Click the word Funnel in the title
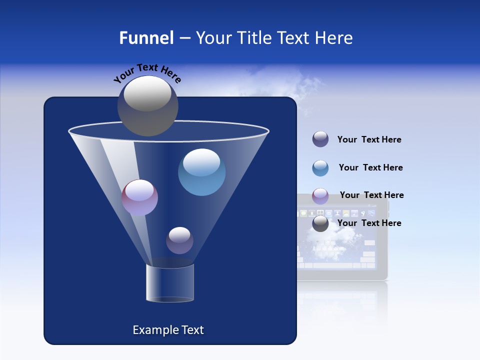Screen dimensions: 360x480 [x=146, y=38]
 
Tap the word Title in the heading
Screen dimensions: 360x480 [x=253, y=38]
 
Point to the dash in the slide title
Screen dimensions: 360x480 [x=184, y=38]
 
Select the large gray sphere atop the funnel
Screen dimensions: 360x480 [x=148, y=106]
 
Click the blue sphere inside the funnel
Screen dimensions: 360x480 [x=201, y=172]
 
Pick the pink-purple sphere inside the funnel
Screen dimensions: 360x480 [x=139, y=197]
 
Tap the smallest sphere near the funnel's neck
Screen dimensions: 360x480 [x=179, y=240]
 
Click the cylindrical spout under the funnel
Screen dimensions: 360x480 [x=169, y=283]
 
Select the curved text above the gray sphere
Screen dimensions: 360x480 [x=147, y=73]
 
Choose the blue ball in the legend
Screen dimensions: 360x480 [x=320, y=168]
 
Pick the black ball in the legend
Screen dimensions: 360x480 [x=320, y=223]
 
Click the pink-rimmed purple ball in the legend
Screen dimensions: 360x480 [x=320, y=195]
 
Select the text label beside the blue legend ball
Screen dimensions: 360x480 [x=370, y=167]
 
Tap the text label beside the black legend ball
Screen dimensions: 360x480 [x=369, y=223]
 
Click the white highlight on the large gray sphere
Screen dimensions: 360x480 [x=147, y=94]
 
